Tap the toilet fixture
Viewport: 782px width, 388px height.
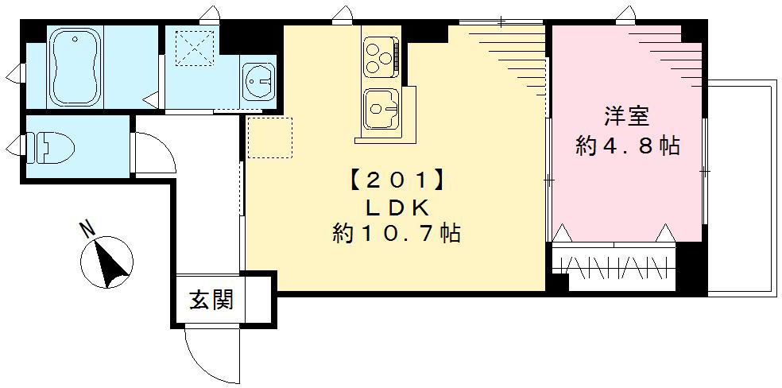[x=52, y=147]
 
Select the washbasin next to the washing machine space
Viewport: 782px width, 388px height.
[x=259, y=80]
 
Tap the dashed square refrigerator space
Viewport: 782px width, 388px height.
[x=269, y=138]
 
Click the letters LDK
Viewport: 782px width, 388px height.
[x=397, y=208]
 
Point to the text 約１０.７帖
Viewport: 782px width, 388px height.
[x=397, y=235]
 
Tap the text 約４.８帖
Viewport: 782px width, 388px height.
[x=627, y=146]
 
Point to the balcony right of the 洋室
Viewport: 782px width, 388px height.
[x=740, y=187]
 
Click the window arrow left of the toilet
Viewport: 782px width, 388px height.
[x=14, y=146]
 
